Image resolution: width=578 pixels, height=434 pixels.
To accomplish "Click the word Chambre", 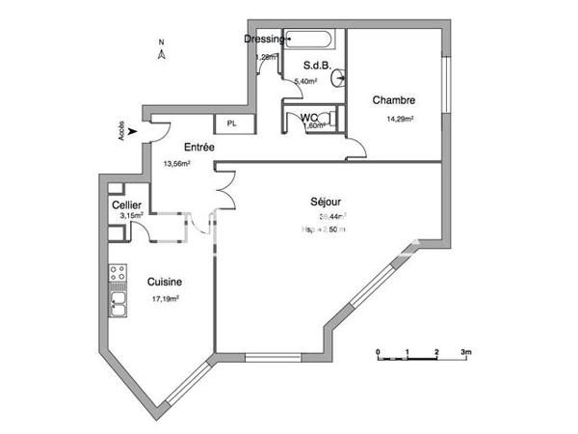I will [x=394, y=99].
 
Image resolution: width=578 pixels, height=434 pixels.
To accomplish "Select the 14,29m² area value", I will [x=400, y=120].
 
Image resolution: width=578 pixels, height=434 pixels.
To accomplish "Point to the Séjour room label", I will [x=326, y=202].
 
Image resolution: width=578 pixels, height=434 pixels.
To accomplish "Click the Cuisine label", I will [x=165, y=282].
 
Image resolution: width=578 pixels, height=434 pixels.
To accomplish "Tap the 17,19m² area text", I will [x=167, y=300].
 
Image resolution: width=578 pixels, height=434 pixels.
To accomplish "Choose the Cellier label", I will [x=127, y=205].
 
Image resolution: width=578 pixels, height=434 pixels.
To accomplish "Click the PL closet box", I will [x=231, y=123].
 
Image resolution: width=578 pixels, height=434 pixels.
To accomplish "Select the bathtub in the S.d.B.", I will [x=311, y=41].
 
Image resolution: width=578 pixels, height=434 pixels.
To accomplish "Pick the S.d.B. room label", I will [x=319, y=66].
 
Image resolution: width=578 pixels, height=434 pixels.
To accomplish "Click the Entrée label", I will [x=198, y=147].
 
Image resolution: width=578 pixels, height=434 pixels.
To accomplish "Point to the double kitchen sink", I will [x=118, y=306].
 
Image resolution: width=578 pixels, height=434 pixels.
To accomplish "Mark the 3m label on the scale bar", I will [x=465, y=351].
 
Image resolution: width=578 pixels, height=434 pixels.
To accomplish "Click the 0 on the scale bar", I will [x=379, y=351].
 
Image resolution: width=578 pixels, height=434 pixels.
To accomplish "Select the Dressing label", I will [x=264, y=39].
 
